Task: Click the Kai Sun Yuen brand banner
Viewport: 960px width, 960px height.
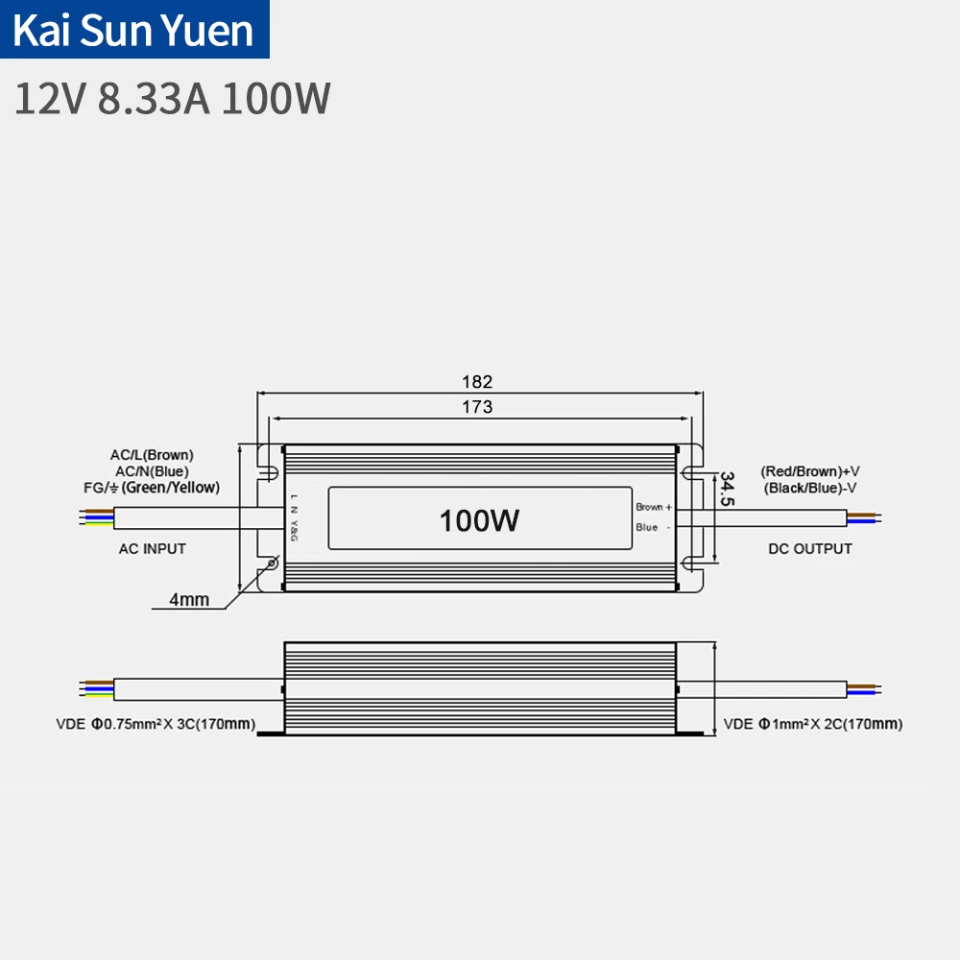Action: pyautogui.click(x=134, y=30)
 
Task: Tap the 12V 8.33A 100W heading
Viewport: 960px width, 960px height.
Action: pyautogui.click(x=173, y=99)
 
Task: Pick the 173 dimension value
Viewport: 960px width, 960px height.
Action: pyautogui.click(x=477, y=406)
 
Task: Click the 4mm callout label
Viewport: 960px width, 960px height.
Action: pyautogui.click(x=188, y=600)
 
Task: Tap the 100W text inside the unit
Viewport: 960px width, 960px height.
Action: pyautogui.click(x=479, y=520)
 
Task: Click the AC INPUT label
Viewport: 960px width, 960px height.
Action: pyautogui.click(x=152, y=548)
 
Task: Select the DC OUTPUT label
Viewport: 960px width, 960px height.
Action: pyautogui.click(x=810, y=548)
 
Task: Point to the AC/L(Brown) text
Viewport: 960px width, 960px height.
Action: pyautogui.click(x=152, y=454)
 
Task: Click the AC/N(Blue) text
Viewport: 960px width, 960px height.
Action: pyautogui.click(x=151, y=470)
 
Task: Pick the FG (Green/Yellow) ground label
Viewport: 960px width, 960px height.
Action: pyautogui.click(x=151, y=488)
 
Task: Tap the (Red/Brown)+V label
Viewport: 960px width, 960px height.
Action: pyautogui.click(x=810, y=471)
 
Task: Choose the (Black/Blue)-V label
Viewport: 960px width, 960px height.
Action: pyautogui.click(x=810, y=489)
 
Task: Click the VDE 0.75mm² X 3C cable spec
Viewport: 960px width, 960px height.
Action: pyautogui.click(x=155, y=724)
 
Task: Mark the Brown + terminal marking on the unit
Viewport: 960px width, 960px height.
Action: pyautogui.click(x=653, y=506)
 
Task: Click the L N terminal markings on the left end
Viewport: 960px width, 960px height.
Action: pyautogui.click(x=294, y=505)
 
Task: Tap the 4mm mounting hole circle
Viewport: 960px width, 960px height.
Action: pyautogui.click(x=271, y=564)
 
